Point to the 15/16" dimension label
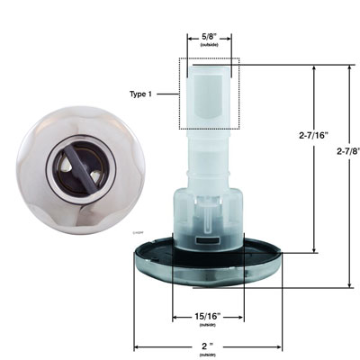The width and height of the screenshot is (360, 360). tap(208, 317)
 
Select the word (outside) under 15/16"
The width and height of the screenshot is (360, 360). tap(208, 326)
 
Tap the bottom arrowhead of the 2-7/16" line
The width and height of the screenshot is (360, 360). tap(314, 252)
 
